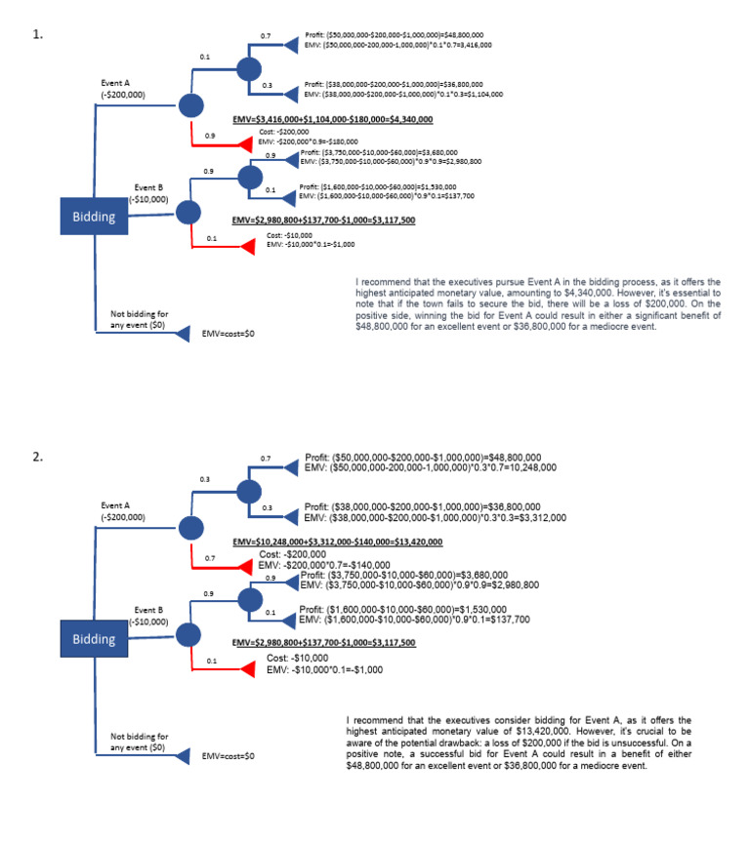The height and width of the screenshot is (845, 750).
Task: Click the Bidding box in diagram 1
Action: pyautogui.click(x=93, y=218)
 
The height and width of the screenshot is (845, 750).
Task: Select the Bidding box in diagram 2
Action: pyautogui.click(x=93, y=639)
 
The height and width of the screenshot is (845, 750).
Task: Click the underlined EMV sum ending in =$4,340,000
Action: pyautogui.click(x=332, y=122)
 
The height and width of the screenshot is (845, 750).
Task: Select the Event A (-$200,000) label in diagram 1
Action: pyautogui.click(x=123, y=89)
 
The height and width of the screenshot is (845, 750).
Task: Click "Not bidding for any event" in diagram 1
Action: pyautogui.click(x=138, y=319)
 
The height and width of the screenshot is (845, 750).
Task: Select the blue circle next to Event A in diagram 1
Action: pyautogui.click(x=190, y=107)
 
